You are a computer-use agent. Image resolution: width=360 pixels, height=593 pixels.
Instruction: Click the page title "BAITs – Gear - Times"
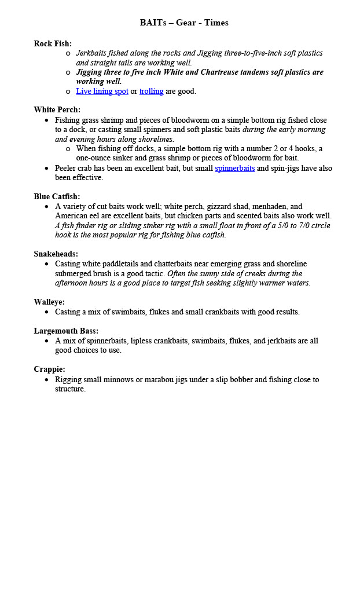184,23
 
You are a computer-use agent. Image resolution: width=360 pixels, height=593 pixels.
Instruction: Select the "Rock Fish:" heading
53,43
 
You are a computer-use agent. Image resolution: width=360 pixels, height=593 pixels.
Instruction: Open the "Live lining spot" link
102,91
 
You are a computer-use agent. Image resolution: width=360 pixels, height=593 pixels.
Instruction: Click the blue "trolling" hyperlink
151,91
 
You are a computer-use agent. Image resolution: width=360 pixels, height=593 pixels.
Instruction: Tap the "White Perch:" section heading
57,110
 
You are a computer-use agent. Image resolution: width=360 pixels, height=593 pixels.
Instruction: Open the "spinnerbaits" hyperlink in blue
234,169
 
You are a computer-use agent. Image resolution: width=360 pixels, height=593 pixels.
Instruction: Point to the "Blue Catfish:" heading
57,197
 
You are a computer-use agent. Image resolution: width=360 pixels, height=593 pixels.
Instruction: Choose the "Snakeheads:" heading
56,254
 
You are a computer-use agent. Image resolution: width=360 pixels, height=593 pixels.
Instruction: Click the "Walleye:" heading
49,302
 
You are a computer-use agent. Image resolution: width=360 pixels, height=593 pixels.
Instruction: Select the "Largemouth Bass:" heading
66,331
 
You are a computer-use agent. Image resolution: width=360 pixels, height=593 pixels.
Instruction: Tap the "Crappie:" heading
49,369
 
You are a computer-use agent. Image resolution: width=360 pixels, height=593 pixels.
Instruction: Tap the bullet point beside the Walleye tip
47,312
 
